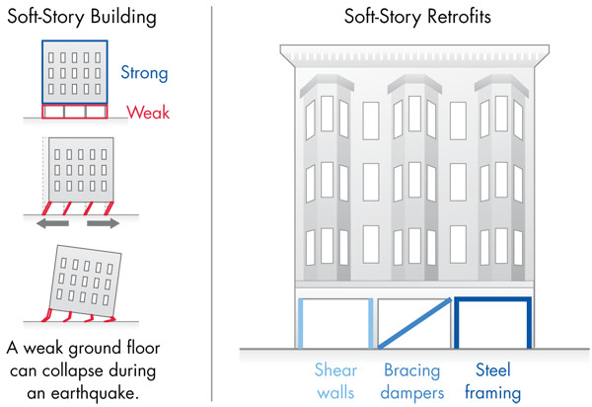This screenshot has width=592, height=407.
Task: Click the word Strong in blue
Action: (144, 73)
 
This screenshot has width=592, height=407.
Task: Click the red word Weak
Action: (148, 113)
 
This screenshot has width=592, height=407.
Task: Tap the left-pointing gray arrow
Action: (52, 223)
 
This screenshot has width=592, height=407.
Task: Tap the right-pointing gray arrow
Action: (103, 223)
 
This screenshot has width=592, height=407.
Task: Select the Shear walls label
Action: (335, 381)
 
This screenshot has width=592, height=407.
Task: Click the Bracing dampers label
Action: (411, 381)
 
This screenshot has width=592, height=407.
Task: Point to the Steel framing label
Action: (492, 381)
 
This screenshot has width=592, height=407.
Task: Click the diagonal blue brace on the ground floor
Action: (415, 323)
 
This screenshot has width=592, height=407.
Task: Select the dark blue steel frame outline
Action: (492, 299)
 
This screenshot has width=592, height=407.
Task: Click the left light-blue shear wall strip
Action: (301, 323)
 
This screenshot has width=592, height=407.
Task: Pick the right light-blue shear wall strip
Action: (371, 323)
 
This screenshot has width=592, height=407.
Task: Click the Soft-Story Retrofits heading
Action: (417, 17)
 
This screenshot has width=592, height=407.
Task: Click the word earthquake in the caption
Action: (94, 393)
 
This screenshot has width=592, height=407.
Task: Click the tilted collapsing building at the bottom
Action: (85, 281)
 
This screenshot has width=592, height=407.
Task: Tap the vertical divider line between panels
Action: (212, 203)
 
